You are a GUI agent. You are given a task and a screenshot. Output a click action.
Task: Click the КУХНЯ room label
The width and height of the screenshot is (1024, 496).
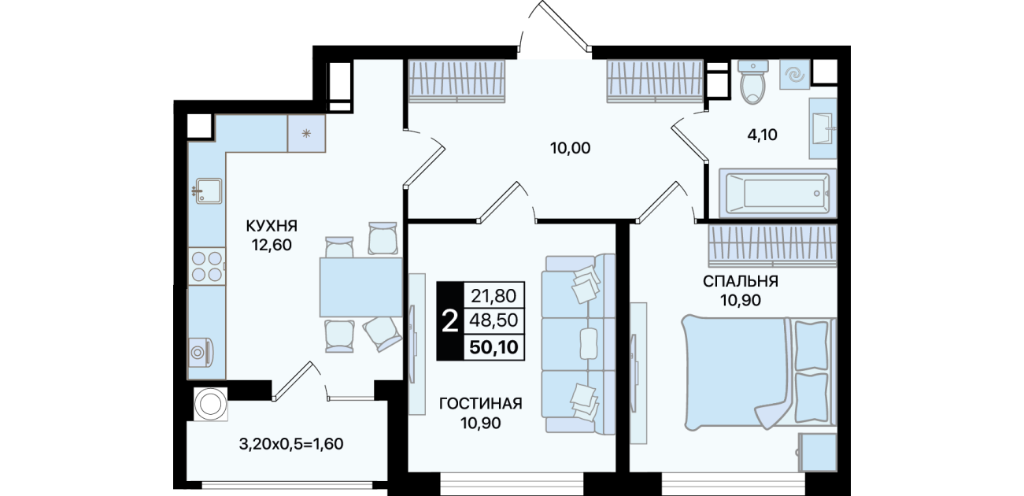272,226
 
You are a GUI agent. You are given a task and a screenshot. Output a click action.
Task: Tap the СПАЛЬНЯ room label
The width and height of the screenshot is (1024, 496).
740,281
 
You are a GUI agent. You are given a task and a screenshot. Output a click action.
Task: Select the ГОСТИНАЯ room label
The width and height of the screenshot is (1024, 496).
480,404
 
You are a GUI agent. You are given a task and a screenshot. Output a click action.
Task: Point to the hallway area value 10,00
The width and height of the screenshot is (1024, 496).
570,148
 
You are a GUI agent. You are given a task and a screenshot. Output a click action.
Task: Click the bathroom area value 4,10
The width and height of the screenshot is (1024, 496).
762,135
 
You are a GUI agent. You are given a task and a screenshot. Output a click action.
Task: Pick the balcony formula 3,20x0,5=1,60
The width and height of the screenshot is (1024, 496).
291,444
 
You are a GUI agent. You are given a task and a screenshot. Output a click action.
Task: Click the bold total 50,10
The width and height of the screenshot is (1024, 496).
494,347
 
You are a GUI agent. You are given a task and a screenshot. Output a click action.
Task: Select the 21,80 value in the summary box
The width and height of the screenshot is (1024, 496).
494,296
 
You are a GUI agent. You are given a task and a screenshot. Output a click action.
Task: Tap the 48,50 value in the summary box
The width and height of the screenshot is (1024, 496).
494,320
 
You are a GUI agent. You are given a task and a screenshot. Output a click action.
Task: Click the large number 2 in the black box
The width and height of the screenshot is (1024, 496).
450,321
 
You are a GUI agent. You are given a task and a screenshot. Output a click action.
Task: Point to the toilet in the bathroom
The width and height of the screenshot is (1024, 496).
752,83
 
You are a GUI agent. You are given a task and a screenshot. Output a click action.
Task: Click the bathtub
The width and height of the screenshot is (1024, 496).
778,193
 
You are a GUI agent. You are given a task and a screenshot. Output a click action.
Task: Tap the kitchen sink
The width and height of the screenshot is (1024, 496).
207,191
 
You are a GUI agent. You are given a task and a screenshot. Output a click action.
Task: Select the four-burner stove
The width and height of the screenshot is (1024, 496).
207,267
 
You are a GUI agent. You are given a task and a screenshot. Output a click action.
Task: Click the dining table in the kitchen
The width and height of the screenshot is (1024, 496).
360,287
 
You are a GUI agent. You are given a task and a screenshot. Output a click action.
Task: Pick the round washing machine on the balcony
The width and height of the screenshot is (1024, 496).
210,404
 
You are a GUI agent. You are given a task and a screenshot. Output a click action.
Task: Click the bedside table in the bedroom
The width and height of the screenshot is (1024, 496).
818,452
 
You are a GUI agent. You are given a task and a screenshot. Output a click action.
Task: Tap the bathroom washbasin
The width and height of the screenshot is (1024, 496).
823,128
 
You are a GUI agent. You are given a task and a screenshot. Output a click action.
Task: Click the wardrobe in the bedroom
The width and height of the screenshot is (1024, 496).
773,246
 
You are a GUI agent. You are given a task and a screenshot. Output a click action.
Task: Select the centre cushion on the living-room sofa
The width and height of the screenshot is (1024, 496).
588,344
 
